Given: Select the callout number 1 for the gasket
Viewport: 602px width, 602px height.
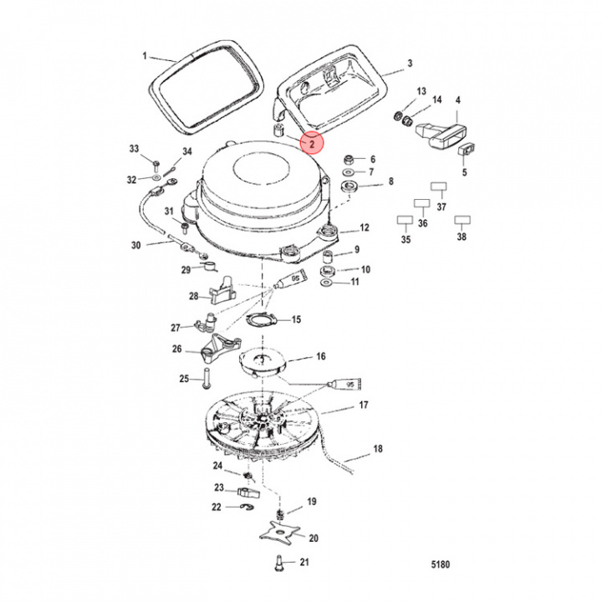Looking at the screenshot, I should click(145, 57).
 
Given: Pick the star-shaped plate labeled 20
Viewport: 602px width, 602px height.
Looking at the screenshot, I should click(278, 532).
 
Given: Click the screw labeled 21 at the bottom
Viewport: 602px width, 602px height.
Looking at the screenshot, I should click(277, 565).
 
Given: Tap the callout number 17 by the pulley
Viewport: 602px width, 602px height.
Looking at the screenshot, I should click(364, 406).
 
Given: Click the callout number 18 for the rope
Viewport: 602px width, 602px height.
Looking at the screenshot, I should click(378, 449).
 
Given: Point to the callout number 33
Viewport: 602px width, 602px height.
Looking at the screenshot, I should click(133, 149).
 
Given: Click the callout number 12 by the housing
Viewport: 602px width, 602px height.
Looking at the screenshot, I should click(364, 227).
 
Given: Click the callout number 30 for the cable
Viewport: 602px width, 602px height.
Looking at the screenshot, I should click(136, 245).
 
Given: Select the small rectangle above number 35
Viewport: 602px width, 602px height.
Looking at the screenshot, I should click(406, 222).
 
